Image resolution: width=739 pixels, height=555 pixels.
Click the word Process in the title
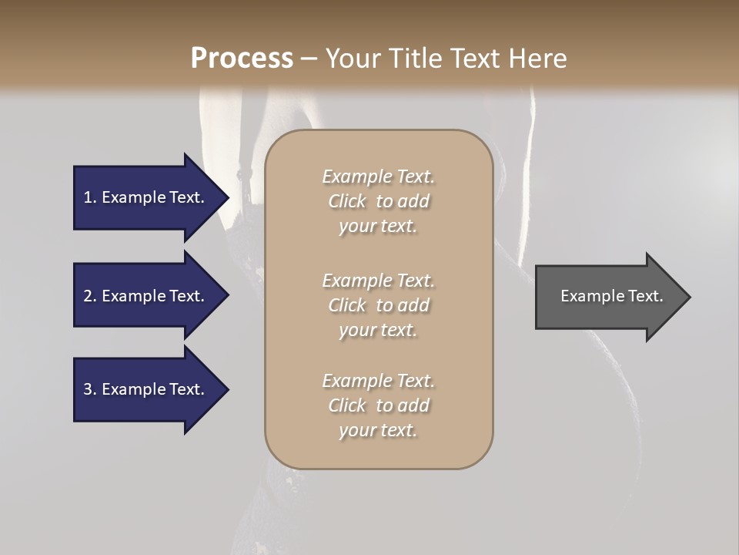(x=242, y=59)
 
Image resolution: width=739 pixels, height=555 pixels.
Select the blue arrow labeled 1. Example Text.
(x=146, y=197)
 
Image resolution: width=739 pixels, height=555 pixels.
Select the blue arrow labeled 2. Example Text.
(x=146, y=296)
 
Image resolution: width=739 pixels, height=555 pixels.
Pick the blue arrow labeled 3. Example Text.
(x=146, y=389)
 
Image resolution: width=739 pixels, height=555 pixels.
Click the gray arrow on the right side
(x=608, y=297)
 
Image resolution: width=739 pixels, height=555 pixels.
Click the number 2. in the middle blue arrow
(x=90, y=296)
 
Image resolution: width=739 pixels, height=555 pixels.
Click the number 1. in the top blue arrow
(x=90, y=197)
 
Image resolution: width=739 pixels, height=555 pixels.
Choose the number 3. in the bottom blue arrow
(x=90, y=389)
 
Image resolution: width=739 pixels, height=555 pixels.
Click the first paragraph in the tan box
(x=379, y=201)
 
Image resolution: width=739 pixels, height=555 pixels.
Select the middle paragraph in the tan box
(x=379, y=305)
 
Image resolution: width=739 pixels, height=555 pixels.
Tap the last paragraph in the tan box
(x=379, y=405)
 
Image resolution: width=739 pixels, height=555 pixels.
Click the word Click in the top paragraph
(x=347, y=201)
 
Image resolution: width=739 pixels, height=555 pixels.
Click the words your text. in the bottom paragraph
(x=378, y=430)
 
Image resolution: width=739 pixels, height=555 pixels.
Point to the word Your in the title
(x=352, y=59)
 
